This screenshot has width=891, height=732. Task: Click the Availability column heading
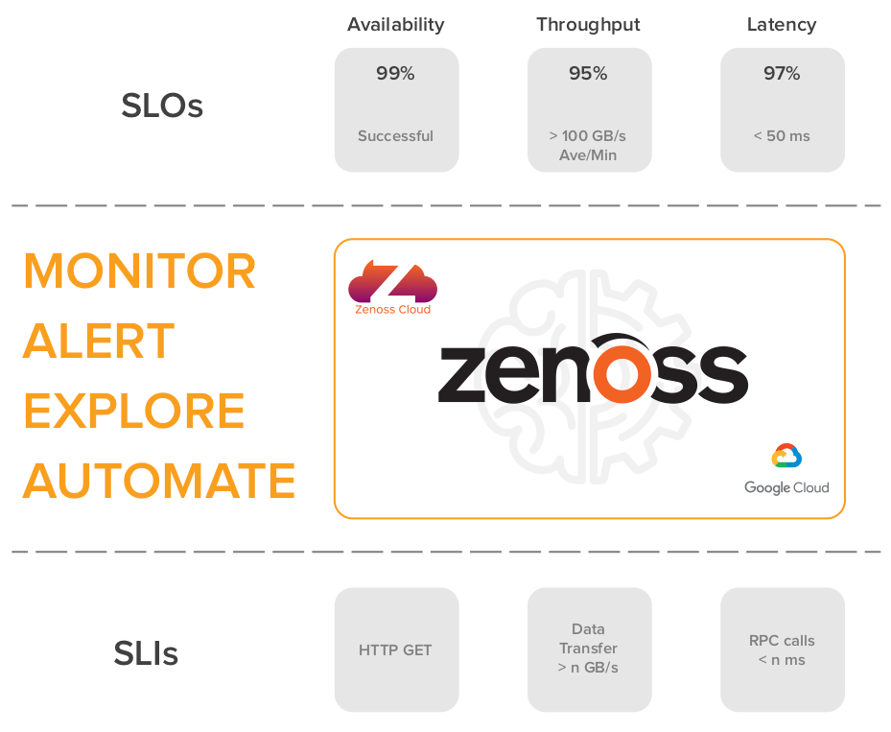click(395, 25)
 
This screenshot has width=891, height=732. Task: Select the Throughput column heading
click(588, 25)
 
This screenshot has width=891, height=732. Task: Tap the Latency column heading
click(782, 25)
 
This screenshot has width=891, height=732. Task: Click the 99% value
click(395, 73)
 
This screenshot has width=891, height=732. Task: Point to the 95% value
click(588, 73)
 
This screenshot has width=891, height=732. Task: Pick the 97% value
click(782, 73)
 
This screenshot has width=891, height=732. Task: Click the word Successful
click(395, 136)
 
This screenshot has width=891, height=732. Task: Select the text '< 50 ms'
click(782, 136)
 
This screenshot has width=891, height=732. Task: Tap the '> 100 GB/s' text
click(588, 136)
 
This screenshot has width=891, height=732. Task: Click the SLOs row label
click(162, 106)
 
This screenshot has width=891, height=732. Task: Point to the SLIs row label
click(146, 653)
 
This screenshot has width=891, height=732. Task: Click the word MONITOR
click(140, 272)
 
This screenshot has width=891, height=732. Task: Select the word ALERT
click(98, 341)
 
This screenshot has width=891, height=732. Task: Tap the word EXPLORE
click(134, 411)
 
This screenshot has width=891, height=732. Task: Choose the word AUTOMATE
click(159, 481)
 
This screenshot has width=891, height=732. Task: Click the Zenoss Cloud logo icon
click(392, 281)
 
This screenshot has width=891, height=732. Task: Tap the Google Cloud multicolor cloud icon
click(786, 456)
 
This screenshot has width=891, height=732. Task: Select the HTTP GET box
click(396, 649)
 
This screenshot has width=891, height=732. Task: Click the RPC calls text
click(782, 641)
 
